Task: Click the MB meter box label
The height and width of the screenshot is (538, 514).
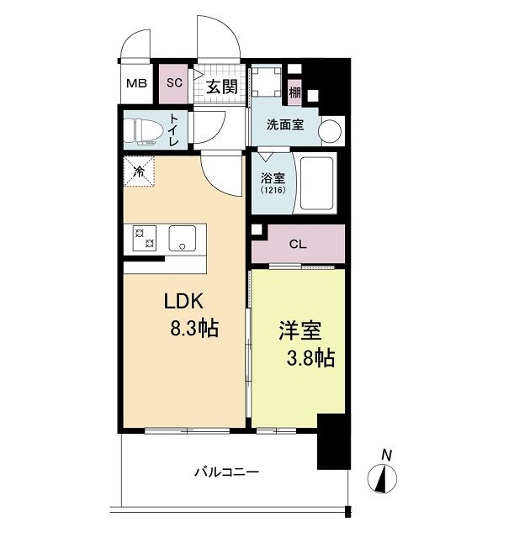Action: click(x=134, y=83)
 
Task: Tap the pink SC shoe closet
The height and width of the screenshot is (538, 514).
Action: click(x=174, y=82)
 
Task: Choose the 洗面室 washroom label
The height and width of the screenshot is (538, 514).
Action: click(x=286, y=125)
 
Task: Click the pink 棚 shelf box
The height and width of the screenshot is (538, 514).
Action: click(x=294, y=92)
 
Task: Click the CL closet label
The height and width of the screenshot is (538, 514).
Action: click(x=297, y=245)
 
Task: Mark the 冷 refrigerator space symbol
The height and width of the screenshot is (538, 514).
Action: click(x=138, y=171)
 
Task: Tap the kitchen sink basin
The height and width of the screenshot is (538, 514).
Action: click(x=182, y=237)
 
